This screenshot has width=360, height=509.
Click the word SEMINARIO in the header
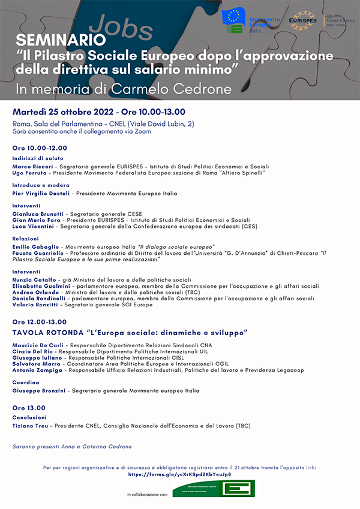(x=53, y=40)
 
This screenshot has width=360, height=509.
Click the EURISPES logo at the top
(x=304, y=20)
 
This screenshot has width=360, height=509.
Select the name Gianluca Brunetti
(x=38, y=213)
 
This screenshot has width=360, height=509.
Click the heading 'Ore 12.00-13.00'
(x=40, y=322)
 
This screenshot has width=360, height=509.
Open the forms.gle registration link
(x=179, y=474)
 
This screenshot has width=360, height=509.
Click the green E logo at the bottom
(x=238, y=489)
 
